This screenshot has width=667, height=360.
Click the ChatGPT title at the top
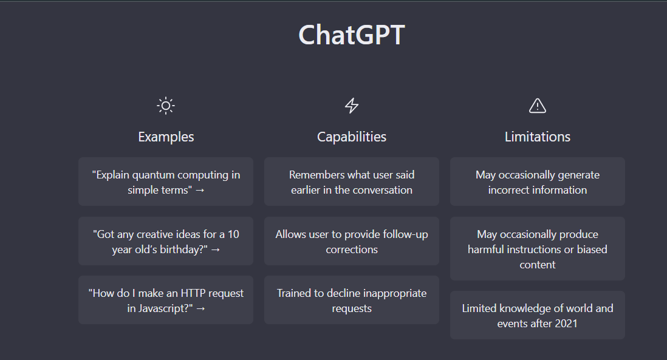[x=351, y=35]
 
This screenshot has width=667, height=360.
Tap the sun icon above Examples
[x=166, y=106]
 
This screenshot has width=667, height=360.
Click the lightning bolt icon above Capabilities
[x=352, y=106]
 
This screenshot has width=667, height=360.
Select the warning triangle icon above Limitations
[x=538, y=106]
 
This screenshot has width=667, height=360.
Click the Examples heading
[x=166, y=137]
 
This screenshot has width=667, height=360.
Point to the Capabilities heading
[x=352, y=137]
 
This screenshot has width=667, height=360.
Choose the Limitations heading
[x=538, y=137]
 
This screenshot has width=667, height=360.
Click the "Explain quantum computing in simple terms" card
[x=166, y=182]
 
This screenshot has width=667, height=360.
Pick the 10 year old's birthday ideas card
[x=166, y=242]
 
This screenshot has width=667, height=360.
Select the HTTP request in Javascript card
[x=166, y=300]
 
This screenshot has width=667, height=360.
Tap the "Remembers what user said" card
[x=352, y=182]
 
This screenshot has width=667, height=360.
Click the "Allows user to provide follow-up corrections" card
[x=352, y=242]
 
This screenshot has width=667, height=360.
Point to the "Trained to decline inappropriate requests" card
[x=352, y=300]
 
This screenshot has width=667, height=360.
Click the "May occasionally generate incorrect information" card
[x=538, y=182]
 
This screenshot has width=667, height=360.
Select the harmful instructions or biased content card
[x=538, y=249]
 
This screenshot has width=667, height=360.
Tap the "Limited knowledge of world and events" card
[x=538, y=315]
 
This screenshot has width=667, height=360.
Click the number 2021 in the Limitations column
[x=566, y=324]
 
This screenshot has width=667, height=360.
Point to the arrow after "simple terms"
[x=200, y=191]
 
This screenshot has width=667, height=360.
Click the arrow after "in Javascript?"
[x=201, y=309]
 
